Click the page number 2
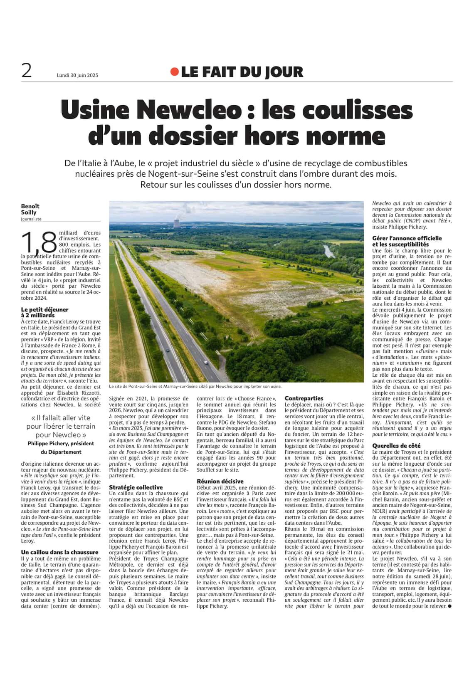pyautogui.click(x=27, y=71)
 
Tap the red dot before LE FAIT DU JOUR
pyautogui.click(x=175, y=72)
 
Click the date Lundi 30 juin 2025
pyautogui.click(x=77, y=75)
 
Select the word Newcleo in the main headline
pyautogui.click(x=189, y=110)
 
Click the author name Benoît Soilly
pyautogui.click(x=30, y=209)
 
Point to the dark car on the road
pyautogui.click(x=168, y=350)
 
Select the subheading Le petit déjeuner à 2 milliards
pyautogui.click(x=44, y=312)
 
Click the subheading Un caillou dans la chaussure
pyautogui.click(x=59, y=552)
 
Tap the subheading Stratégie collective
pyautogui.click(x=136, y=487)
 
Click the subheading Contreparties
pyautogui.click(x=304, y=398)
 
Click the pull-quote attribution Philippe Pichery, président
pyautogui.click(x=61, y=444)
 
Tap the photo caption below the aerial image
pyautogui.click(x=195, y=386)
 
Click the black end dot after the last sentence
pyautogui.click(x=449, y=606)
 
